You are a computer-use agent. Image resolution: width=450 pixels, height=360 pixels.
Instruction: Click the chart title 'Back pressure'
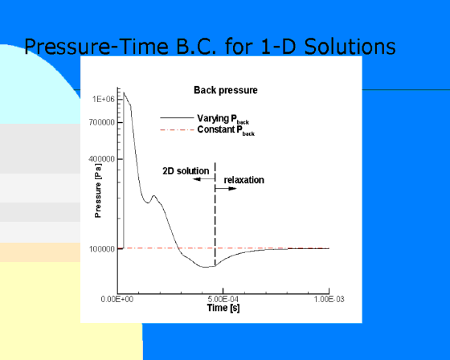tap(226, 91)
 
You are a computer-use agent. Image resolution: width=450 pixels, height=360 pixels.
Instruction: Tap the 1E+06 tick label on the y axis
tap(104, 100)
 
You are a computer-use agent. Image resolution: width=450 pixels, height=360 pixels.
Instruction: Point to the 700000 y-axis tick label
tap(101, 123)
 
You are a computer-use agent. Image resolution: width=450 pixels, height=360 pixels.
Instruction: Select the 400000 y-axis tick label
tap(101, 159)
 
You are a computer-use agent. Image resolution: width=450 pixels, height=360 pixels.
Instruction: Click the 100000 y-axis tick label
tap(102, 249)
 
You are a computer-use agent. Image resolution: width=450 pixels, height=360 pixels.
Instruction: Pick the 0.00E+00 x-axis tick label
tap(117, 299)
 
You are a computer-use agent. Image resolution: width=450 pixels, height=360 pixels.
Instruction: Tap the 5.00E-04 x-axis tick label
tap(223, 299)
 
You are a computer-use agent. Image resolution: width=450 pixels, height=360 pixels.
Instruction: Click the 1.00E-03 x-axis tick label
tap(329, 299)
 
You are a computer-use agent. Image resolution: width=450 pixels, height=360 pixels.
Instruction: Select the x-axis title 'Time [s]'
tap(223, 308)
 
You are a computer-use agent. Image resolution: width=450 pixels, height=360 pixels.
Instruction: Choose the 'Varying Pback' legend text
tap(223, 119)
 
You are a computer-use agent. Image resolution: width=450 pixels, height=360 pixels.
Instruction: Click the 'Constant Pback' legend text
tap(226, 130)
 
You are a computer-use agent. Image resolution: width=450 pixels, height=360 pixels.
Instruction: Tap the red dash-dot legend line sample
tap(177, 130)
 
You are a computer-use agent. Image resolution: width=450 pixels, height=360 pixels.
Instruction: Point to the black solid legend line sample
tap(177, 117)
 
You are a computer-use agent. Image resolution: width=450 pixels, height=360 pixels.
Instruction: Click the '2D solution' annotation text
tap(186, 171)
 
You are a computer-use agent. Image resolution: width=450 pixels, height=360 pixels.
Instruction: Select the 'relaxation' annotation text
tap(244, 180)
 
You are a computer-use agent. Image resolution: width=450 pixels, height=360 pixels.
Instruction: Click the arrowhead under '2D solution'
tap(197, 179)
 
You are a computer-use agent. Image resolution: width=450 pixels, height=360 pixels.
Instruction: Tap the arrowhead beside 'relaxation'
tap(232, 189)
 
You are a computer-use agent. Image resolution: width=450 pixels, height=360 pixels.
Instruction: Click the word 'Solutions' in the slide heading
tap(350, 47)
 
